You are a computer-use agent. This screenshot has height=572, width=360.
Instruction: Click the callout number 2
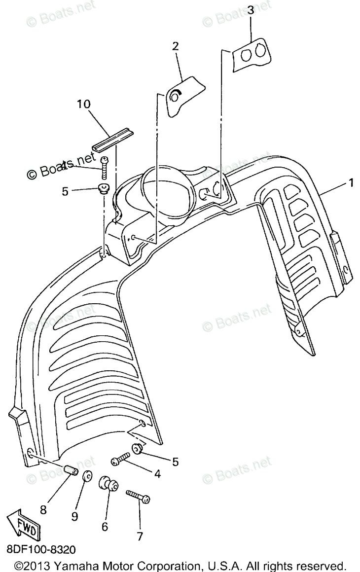tap(175, 46)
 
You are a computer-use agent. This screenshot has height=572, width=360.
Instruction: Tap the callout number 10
tap(84, 104)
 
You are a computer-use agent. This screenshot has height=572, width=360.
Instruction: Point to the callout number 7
tap(140, 536)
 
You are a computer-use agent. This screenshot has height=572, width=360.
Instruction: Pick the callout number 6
tap(105, 527)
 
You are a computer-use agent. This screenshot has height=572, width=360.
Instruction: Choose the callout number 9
tap(74, 516)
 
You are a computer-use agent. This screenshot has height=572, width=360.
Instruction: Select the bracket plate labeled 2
tap(185, 96)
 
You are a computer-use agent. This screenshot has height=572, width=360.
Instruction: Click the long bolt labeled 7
tap(138, 496)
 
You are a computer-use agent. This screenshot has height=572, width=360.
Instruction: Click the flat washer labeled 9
tap(87, 477)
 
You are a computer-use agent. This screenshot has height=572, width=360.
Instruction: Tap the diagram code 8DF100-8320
tap(42, 549)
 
